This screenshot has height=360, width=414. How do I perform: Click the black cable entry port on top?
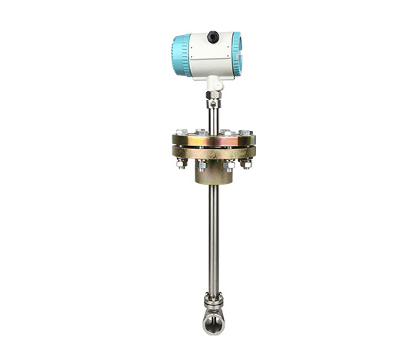tap(213, 35)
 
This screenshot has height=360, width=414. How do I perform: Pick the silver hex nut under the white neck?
tap(213, 98)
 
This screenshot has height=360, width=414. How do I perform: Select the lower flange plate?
tap(213, 152)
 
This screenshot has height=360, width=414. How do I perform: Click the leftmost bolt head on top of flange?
tap(179, 132)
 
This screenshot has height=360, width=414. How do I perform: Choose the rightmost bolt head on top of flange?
tap(247, 132)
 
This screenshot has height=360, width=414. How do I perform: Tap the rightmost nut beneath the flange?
tap(245, 163)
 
